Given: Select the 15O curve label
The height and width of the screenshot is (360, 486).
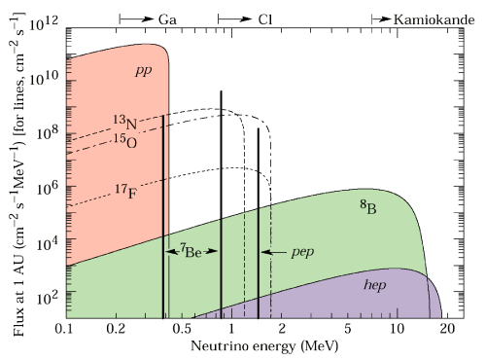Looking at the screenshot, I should tap(121, 142).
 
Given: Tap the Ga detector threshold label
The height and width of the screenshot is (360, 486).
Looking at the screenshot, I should tap(167, 18).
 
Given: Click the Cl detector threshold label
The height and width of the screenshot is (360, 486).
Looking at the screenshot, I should tap(263, 18).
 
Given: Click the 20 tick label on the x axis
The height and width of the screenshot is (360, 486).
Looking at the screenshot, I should tap(447, 330).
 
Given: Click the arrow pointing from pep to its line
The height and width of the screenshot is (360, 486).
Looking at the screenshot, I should tap(275, 251).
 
